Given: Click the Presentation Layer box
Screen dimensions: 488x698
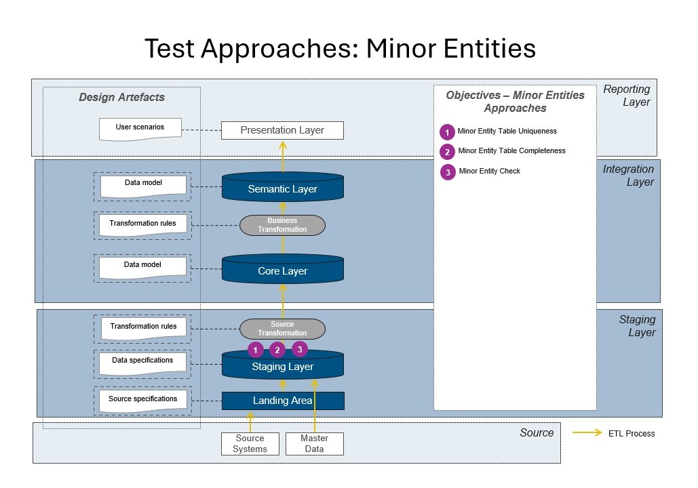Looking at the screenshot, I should (x=282, y=130).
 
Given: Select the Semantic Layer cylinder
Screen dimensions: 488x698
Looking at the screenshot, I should (x=282, y=188).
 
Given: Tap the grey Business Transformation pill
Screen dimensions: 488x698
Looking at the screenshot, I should (x=282, y=225).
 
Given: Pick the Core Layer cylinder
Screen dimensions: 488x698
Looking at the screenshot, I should (x=282, y=270).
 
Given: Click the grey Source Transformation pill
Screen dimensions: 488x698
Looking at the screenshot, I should (x=282, y=329).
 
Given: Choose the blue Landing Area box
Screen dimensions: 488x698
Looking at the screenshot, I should (x=282, y=401).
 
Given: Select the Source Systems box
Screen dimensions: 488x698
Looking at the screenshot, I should (x=250, y=443).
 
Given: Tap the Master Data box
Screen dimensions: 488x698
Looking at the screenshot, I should (x=314, y=443).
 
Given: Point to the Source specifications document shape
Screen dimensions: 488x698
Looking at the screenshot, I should (x=142, y=400).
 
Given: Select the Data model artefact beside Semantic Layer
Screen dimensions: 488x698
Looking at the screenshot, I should (x=142, y=184).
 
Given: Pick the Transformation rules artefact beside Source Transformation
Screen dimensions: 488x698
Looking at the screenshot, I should (x=143, y=327).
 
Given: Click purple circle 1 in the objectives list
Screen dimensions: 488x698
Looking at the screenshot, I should (x=447, y=131).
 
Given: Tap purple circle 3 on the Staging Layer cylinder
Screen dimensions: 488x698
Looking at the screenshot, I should (x=300, y=349).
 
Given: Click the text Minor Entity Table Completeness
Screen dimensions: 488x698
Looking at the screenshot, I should (x=511, y=150).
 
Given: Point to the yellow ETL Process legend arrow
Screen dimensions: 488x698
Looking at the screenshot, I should (x=587, y=433).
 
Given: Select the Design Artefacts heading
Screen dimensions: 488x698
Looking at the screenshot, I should (x=121, y=97).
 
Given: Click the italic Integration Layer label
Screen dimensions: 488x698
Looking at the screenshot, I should (x=628, y=176).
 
